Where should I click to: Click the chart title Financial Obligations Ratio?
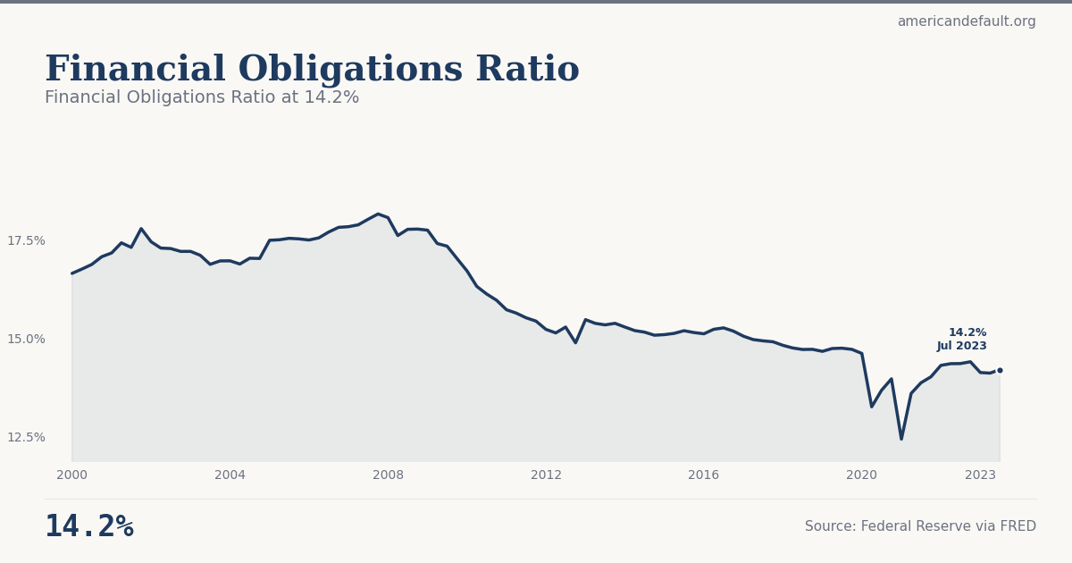point(312,70)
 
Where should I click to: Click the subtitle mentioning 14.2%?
point(202,97)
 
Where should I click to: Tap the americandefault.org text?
point(967,21)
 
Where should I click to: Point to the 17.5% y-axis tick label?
point(26,240)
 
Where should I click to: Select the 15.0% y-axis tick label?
point(26,339)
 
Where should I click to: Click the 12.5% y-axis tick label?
point(26,437)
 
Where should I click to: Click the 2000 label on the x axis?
point(72,475)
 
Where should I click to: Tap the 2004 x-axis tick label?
point(230,475)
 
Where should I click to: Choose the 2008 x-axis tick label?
point(388,475)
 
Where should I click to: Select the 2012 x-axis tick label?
point(546,475)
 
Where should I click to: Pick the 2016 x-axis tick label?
point(704,475)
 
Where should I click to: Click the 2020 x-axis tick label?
point(861,475)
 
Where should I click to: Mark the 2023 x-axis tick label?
point(980,475)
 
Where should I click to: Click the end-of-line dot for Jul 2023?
point(1000,370)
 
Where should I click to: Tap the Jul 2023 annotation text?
point(962,347)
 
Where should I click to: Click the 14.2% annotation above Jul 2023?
point(967,332)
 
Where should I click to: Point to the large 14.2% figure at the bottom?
point(89,527)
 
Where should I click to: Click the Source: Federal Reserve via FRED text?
point(920,527)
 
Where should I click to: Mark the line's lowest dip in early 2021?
point(901,439)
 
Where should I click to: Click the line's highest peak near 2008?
point(378,214)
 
